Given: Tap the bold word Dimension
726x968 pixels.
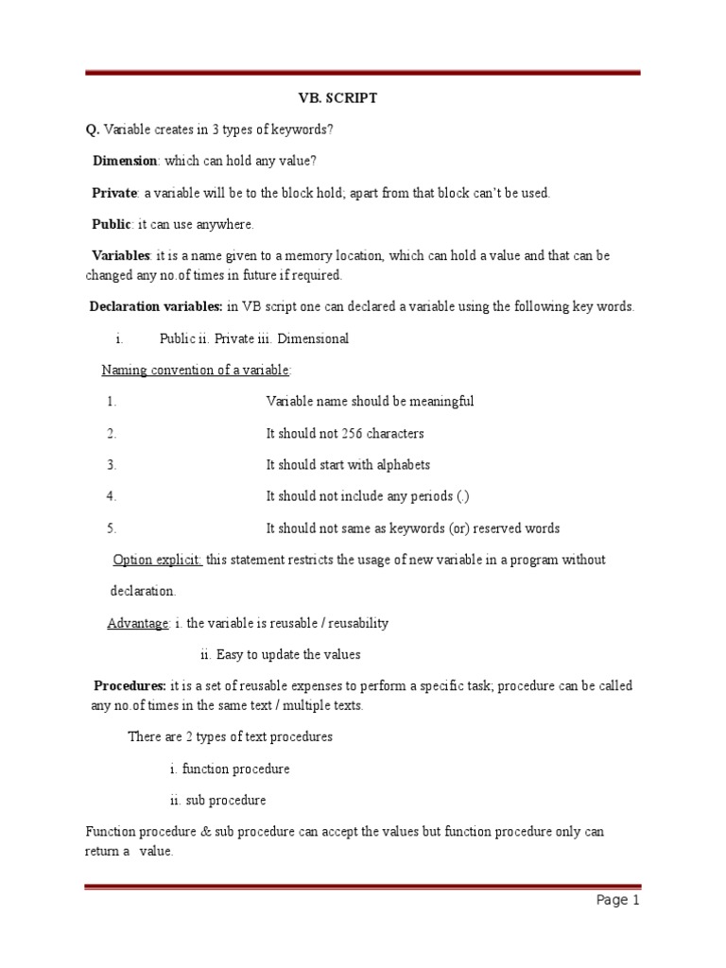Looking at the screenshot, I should [x=124, y=161].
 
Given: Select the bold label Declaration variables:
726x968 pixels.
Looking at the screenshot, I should [x=156, y=306].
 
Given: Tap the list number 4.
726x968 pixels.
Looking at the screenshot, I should [x=112, y=496].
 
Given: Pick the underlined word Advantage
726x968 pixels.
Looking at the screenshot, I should [x=138, y=623].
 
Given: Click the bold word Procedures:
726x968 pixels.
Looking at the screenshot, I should [x=130, y=685].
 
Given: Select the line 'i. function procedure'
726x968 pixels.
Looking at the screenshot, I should [x=230, y=769].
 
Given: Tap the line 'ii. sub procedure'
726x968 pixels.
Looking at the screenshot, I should [x=218, y=800].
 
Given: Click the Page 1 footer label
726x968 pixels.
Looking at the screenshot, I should [x=618, y=901].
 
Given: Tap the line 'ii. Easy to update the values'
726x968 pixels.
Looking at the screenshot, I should [x=281, y=654].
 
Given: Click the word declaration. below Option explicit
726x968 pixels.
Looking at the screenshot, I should [x=144, y=591].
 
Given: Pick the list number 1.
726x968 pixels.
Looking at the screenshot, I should [x=112, y=401].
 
